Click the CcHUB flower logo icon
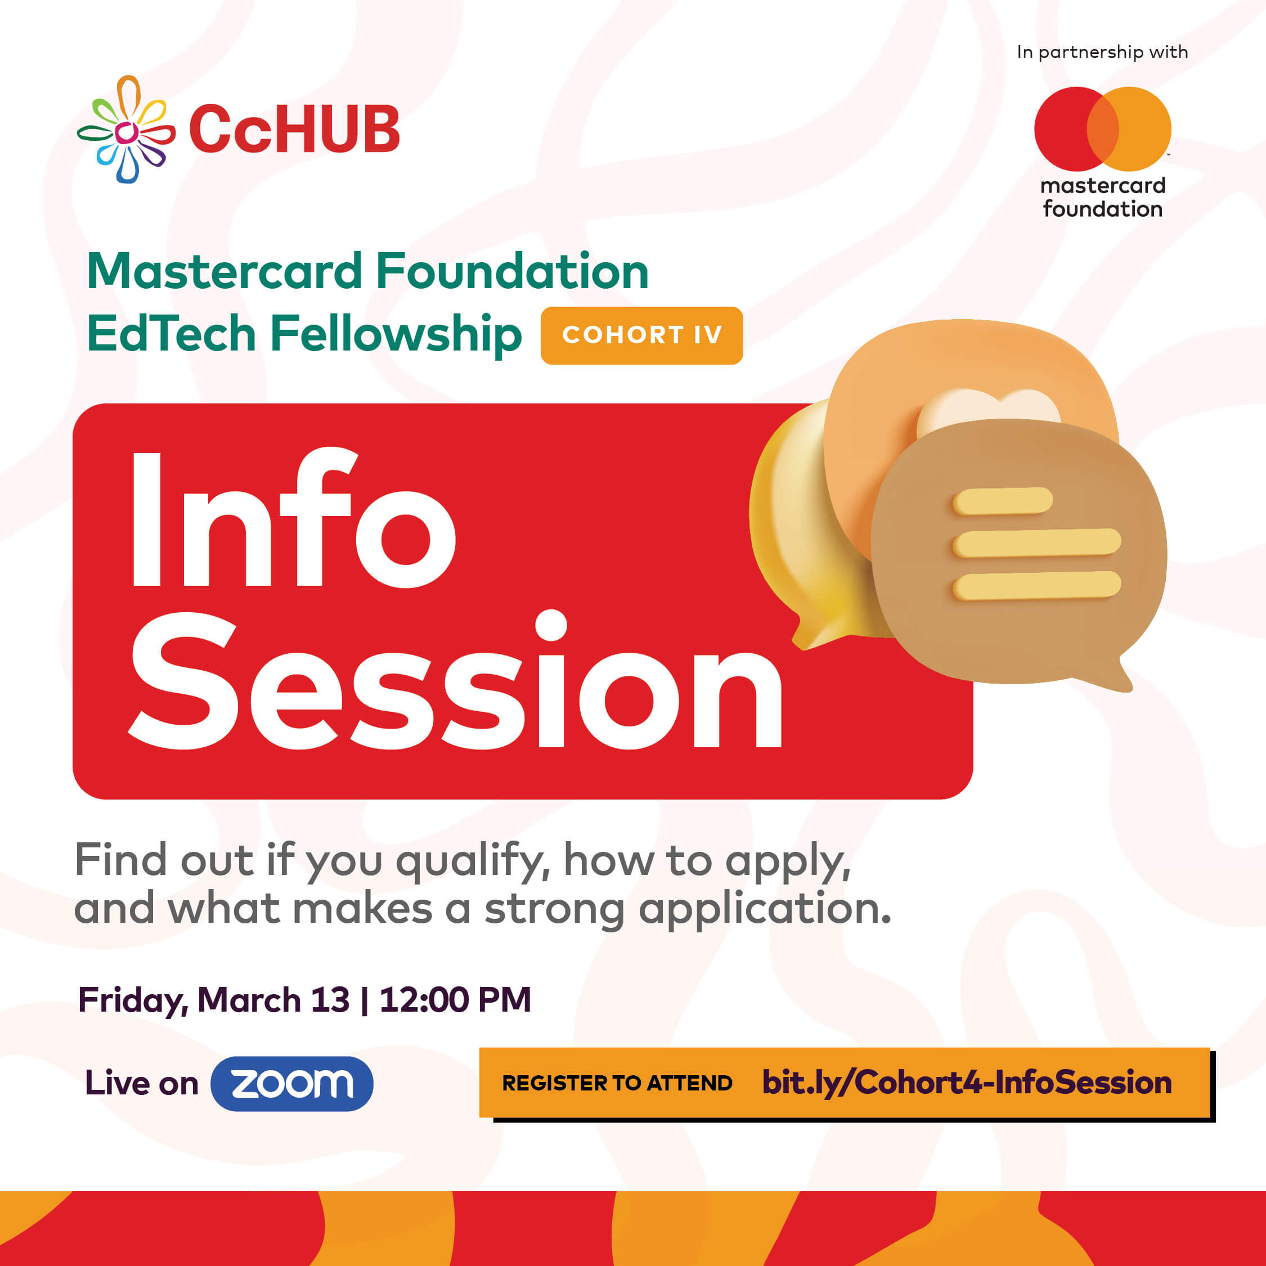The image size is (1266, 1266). (126, 130)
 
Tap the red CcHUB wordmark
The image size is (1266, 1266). (294, 129)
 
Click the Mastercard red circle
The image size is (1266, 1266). (1068, 129)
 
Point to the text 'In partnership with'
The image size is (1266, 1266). (1102, 52)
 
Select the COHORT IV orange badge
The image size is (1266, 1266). (641, 335)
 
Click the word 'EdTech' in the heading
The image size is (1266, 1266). (171, 334)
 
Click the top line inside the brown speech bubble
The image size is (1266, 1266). (1002, 501)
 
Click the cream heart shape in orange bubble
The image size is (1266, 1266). (988, 410)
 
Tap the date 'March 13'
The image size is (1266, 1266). (273, 1000)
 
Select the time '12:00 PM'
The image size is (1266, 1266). (455, 1000)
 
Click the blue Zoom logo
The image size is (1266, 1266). (291, 1083)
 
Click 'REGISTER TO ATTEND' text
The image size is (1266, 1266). (617, 1083)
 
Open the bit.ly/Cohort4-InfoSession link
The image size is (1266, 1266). (967, 1083)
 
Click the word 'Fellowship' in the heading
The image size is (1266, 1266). (396, 335)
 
